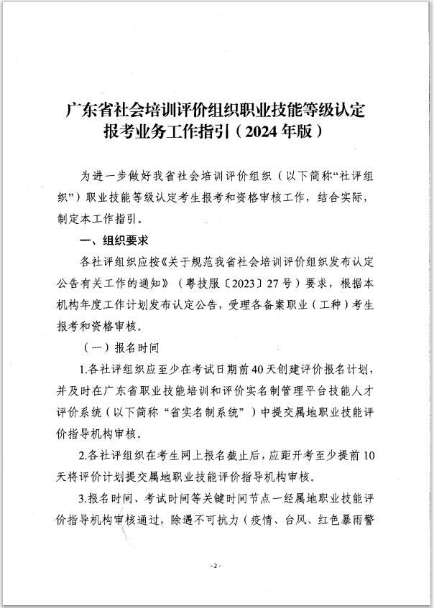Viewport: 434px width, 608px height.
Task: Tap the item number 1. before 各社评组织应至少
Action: click(83, 370)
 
